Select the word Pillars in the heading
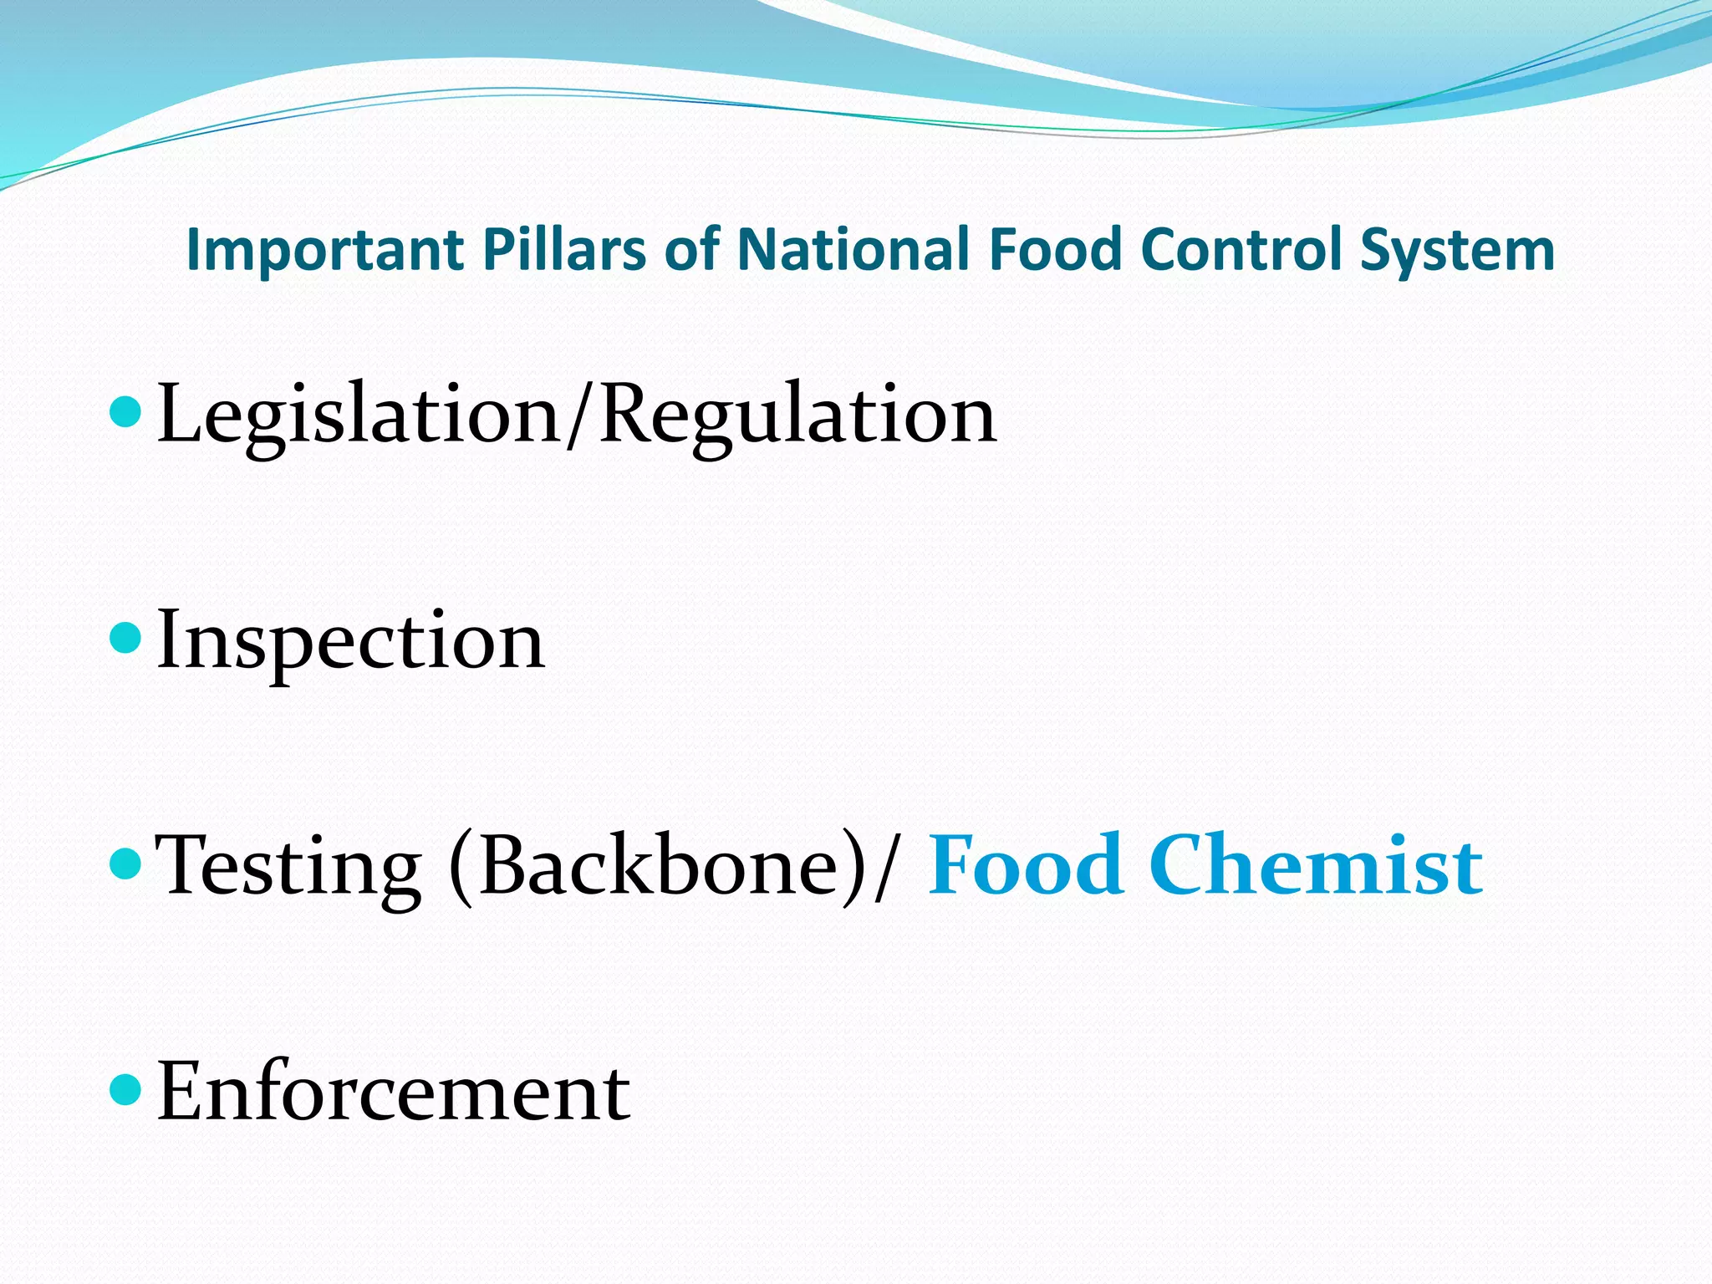[565, 250]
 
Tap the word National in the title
[853, 250]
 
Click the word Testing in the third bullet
[288, 868]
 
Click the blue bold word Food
[1025, 866]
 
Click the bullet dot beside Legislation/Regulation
[126, 413]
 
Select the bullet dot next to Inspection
[126, 639]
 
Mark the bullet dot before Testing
[126, 864]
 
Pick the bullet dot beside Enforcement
[126, 1090]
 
